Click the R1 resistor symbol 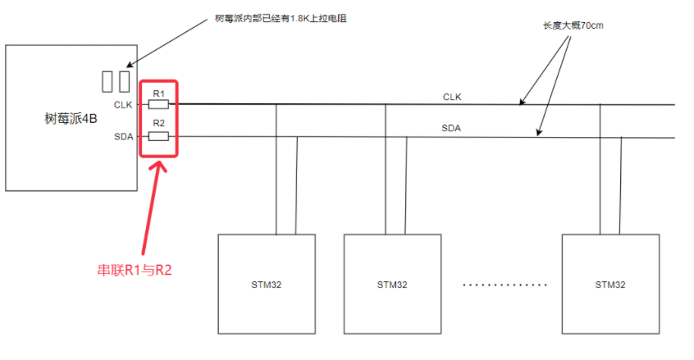159,104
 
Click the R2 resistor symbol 159,136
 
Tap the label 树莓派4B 71,119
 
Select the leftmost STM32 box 266,285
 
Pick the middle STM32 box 392,285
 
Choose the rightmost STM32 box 610,285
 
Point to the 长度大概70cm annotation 571,25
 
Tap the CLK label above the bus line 452,97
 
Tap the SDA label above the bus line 452,128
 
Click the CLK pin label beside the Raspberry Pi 123,104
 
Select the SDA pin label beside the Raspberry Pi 123,136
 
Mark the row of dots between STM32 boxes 504,285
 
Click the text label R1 159,92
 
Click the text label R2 159,124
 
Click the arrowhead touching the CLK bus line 522,103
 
